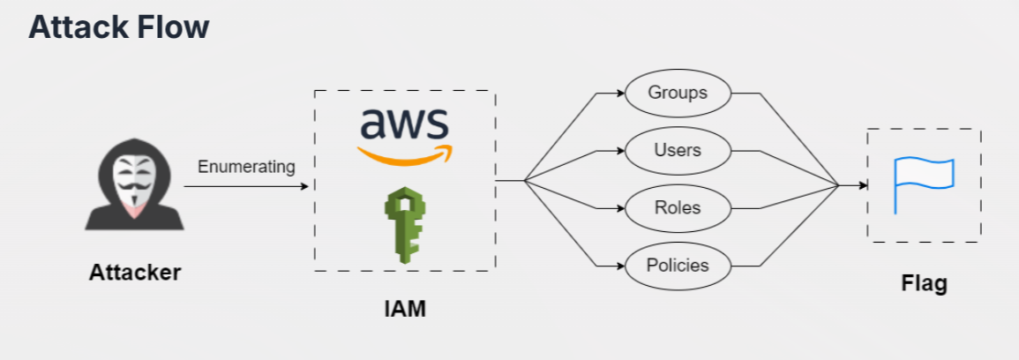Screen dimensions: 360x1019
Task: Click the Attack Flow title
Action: [x=118, y=28]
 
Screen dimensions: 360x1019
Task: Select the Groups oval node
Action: [x=678, y=92]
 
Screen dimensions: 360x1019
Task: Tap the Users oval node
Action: [x=678, y=150]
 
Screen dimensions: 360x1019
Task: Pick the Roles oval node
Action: [x=678, y=208]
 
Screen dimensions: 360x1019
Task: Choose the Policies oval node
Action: [x=678, y=265]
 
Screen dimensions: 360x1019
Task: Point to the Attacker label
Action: [x=135, y=273]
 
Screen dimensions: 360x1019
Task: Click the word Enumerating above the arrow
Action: [x=246, y=167]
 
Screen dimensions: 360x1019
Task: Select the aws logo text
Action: [x=404, y=124]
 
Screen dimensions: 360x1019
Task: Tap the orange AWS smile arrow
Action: [x=404, y=156]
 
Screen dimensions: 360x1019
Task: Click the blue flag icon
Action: [x=923, y=184]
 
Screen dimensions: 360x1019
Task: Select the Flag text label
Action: [x=924, y=283]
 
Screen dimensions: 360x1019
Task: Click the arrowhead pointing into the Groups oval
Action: [x=619, y=92]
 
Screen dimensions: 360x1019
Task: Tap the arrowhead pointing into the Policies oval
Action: [x=619, y=265]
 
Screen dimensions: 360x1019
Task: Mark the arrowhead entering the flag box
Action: [x=861, y=186]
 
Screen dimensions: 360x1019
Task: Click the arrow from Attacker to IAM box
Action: [x=246, y=187]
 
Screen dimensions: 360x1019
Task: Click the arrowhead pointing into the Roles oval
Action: [x=619, y=208]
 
